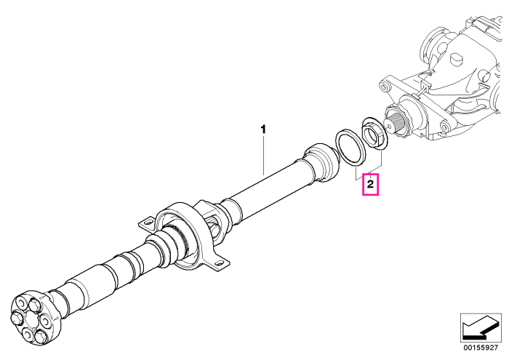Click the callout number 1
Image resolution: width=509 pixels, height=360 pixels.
coord(263,129)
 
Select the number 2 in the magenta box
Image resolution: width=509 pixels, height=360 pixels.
coord(370,185)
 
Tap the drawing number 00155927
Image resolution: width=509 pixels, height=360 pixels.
coord(481,348)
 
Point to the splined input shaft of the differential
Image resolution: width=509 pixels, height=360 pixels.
coord(397,123)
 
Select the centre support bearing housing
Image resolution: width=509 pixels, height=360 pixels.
coord(183,236)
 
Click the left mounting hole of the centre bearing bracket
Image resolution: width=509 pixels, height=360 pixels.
coord(148,223)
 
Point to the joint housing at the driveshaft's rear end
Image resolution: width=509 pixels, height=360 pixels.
coord(322,161)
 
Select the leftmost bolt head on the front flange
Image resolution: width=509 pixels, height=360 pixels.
coord(16,317)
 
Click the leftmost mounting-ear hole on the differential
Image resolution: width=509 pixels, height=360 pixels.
coord(385,87)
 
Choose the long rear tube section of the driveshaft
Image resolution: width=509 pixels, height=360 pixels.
coord(270,188)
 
